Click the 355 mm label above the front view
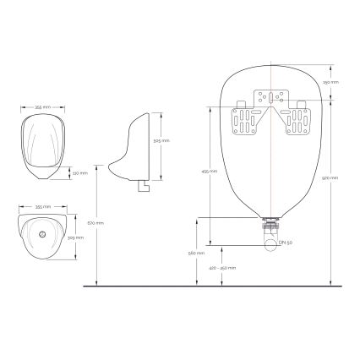[40, 108]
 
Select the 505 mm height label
[166, 140]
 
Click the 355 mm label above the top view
[40, 205]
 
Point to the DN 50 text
[286, 244]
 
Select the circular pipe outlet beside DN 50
[271, 244]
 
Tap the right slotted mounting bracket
[300, 120]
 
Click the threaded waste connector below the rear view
[271, 226]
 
